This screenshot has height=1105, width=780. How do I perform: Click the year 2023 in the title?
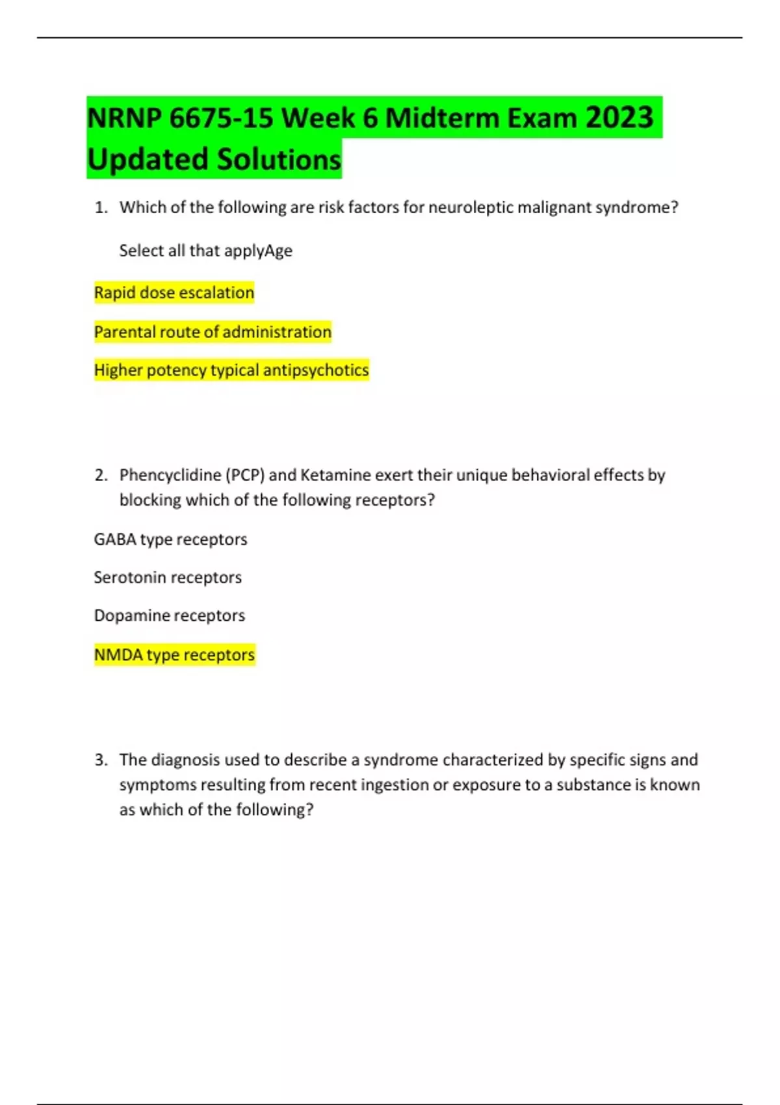point(619,118)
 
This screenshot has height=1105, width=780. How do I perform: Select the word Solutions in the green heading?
point(279,159)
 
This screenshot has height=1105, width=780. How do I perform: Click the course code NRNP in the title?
point(124,118)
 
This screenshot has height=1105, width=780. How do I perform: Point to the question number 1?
point(100,207)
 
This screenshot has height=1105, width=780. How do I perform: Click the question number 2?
point(100,475)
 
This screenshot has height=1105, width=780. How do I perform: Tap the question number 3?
point(100,760)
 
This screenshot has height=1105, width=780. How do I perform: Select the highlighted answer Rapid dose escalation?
point(174,292)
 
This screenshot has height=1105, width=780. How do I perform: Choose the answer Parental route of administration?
point(213,331)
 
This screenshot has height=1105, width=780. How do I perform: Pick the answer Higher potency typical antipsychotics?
point(231,370)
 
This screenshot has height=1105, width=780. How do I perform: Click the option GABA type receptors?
point(170,539)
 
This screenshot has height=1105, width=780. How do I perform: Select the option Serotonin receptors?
point(168,577)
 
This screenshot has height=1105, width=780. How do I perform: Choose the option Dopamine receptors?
point(169,615)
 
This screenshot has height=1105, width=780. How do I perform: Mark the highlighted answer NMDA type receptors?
point(174,655)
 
